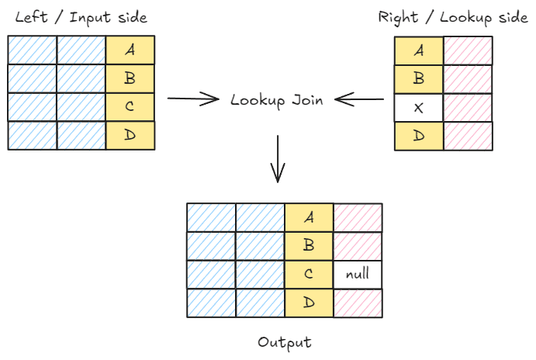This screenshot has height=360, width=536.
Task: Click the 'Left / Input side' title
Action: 81,17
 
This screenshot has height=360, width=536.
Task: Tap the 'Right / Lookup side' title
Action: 454,17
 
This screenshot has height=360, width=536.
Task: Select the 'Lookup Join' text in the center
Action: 277,99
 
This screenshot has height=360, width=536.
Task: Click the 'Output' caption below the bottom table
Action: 284,342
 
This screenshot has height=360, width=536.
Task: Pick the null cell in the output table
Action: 358,274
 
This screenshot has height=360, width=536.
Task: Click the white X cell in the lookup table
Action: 419,107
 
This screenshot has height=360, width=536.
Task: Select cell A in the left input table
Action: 130,50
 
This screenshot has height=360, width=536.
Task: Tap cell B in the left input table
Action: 130,78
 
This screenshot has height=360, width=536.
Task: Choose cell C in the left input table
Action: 130,107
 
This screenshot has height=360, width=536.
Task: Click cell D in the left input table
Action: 130,136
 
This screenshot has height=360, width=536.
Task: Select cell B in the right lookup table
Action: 419,78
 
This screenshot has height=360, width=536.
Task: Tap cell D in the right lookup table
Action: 419,136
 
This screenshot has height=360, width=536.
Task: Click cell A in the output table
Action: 309,216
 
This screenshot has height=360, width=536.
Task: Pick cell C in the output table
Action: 309,274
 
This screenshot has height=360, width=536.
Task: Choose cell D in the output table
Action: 309,303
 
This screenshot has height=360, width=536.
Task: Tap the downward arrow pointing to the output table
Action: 278,159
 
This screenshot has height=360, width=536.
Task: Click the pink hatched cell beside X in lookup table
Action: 468,107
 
